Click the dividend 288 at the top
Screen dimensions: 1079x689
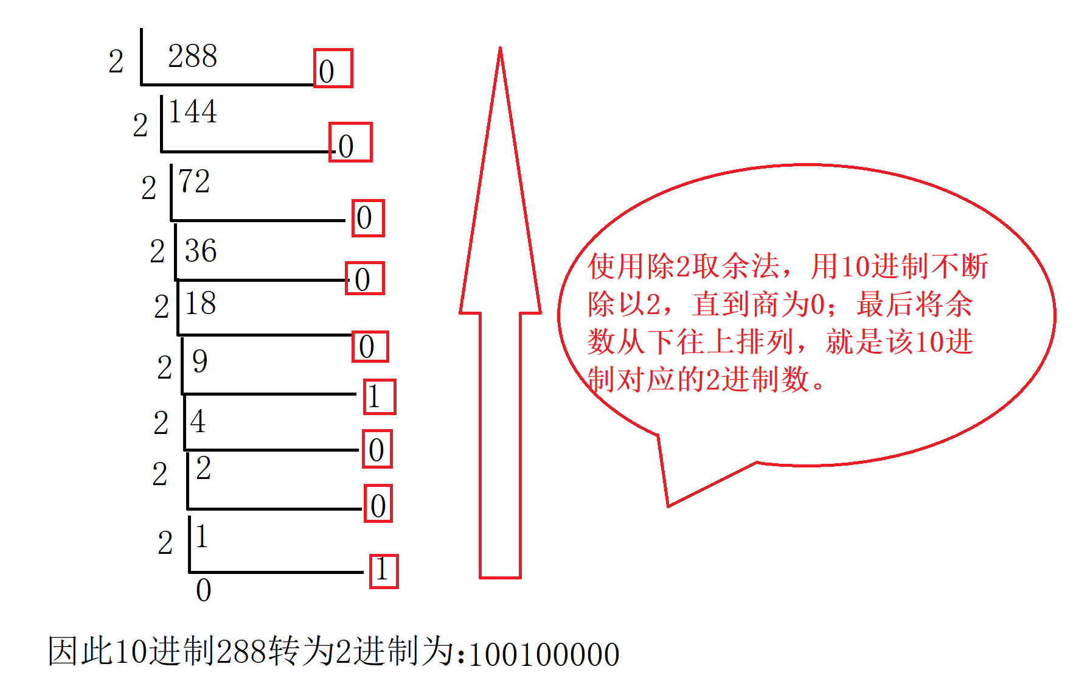tap(192, 57)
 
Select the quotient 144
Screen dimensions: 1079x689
tap(192, 112)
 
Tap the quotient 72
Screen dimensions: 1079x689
tap(194, 181)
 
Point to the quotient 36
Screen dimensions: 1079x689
tap(201, 251)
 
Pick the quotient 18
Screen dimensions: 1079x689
tap(200, 303)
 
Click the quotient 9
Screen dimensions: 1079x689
tap(199, 362)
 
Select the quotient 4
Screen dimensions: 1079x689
tap(198, 421)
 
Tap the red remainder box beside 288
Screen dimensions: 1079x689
tap(333, 69)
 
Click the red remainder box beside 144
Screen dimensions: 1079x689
tap(350, 142)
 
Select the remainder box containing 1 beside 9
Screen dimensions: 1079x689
tap(380, 397)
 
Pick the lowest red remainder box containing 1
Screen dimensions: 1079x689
tap(384, 571)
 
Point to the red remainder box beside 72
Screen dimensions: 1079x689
tap(368, 218)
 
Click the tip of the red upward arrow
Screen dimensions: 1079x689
tap(500, 50)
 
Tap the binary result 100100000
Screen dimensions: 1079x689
tap(544, 655)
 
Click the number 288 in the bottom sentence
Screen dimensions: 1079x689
tap(241, 652)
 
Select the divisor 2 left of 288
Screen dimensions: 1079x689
tap(116, 61)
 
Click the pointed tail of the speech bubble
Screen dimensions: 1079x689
tap(668, 505)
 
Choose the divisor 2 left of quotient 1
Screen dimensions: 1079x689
tap(165, 543)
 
